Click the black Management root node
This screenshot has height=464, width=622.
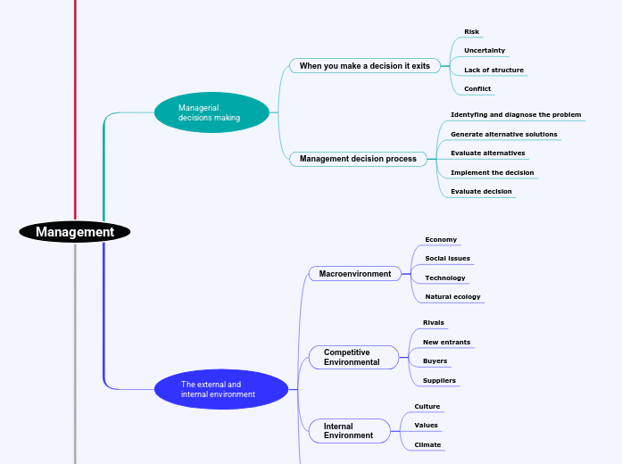tap(75, 232)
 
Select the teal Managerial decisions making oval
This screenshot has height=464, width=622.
tap(211, 112)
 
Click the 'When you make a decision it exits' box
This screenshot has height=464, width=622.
tap(364, 65)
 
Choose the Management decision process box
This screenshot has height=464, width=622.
tap(358, 159)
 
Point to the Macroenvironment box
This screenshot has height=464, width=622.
tap(355, 274)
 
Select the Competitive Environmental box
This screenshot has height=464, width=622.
tap(353, 357)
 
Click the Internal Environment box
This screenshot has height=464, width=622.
tap(350, 431)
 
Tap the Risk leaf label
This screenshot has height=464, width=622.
tap(471, 32)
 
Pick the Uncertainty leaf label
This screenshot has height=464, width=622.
tap(485, 51)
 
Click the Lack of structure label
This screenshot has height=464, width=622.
tap(493, 70)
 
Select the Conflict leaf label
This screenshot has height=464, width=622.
tap(477, 89)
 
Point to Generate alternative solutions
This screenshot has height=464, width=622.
tap(503, 134)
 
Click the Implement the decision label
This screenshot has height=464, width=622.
tap(492, 172)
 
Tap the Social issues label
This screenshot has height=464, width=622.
tap(447, 258)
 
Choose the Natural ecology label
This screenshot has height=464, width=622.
tap(452, 296)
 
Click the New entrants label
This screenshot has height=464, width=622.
tap(446, 342)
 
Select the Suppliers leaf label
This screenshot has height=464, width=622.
tap(439, 380)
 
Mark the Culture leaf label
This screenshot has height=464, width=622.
tap(427, 406)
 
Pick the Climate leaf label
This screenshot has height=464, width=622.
tap(427, 444)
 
